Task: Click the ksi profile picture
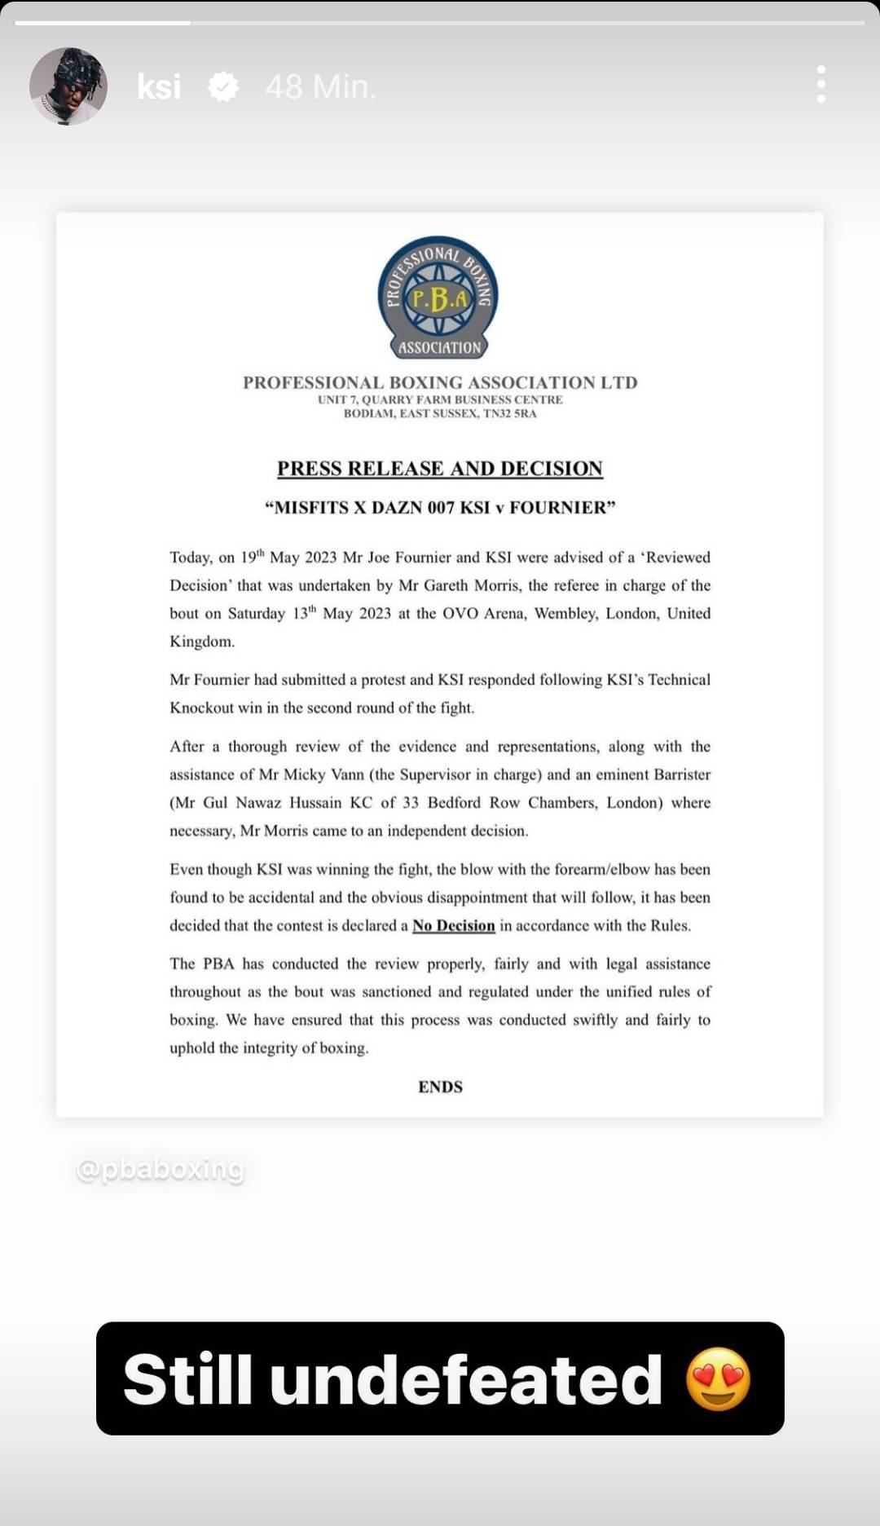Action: pyautogui.click(x=68, y=86)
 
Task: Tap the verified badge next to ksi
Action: pyautogui.click(x=223, y=86)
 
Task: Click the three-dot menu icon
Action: pyautogui.click(x=821, y=85)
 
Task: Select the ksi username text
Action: pyautogui.click(x=159, y=86)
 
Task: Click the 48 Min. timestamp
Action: pyautogui.click(x=321, y=86)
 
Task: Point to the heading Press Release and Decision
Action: pyautogui.click(x=440, y=469)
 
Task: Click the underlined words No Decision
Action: pyautogui.click(x=454, y=925)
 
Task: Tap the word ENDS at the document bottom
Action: pyautogui.click(x=440, y=1087)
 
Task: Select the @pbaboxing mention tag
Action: pyautogui.click(x=161, y=1169)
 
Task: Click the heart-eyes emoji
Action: pyautogui.click(x=718, y=1379)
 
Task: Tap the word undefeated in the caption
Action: pyautogui.click(x=466, y=1379)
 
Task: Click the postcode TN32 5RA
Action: pyautogui.click(x=510, y=413)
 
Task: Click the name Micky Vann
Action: pyautogui.click(x=323, y=774)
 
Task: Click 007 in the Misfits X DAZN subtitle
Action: pyautogui.click(x=441, y=508)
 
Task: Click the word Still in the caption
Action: pyautogui.click(x=187, y=1379)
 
